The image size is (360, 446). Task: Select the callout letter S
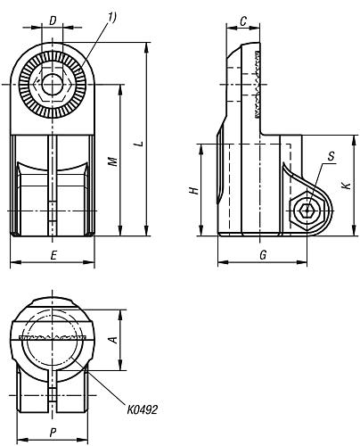click(x=330, y=158)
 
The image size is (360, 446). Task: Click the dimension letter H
click(x=193, y=191)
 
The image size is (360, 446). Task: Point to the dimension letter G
click(x=262, y=254)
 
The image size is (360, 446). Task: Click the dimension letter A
click(x=112, y=339)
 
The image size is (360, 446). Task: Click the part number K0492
click(x=143, y=409)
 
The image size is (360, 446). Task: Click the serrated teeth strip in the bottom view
click(x=53, y=338)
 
